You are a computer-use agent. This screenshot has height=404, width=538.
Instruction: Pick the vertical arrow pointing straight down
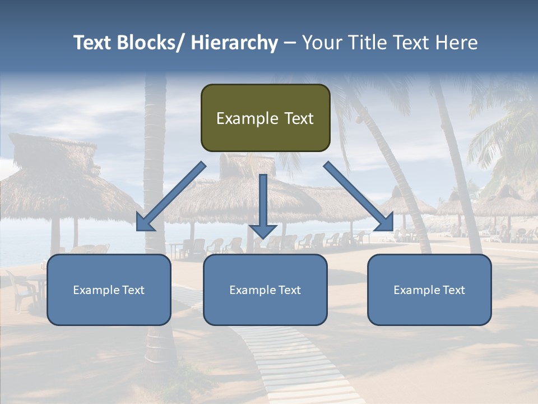(x=263, y=202)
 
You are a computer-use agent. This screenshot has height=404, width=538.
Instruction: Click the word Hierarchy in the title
(x=234, y=43)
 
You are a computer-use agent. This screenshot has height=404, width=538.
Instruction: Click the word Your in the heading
(x=322, y=43)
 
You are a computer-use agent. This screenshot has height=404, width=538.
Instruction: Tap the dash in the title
(x=290, y=43)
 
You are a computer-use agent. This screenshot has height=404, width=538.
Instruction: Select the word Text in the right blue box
(x=453, y=290)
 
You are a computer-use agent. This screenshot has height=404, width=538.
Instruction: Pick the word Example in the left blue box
(x=95, y=290)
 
